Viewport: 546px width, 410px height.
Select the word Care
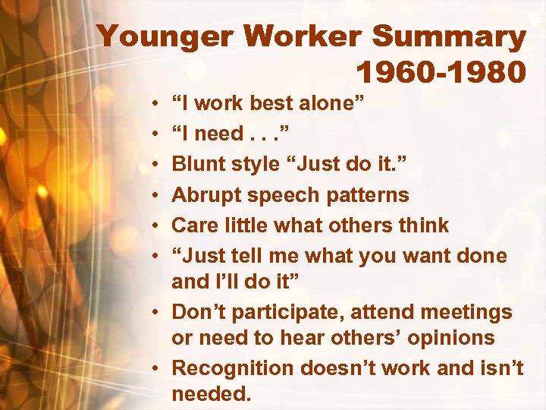pyautogui.click(x=193, y=225)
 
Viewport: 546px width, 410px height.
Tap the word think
pyautogui.click(x=422, y=225)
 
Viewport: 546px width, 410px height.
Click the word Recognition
pyautogui.click(x=233, y=369)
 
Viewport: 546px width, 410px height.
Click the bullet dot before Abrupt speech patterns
pyautogui.click(x=155, y=195)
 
